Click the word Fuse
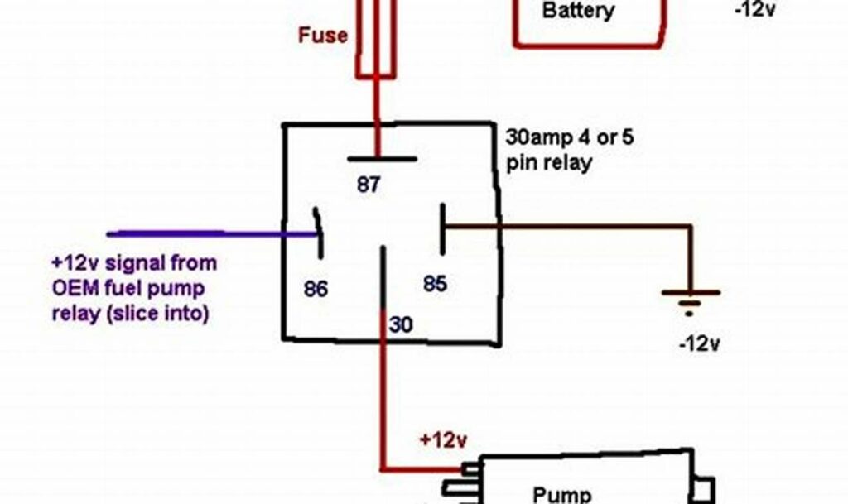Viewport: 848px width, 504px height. (323, 36)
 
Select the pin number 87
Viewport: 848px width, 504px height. (369, 185)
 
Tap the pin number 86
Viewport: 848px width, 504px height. (316, 289)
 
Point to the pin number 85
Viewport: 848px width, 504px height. (435, 284)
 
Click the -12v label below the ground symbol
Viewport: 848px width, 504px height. (697, 343)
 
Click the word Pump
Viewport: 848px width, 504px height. (562, 494)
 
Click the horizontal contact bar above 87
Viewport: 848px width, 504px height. (382, 158)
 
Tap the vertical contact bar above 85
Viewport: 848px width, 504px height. (443, 229)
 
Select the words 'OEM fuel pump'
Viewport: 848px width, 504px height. (128, 289)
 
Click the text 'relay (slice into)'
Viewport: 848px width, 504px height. (130, 314)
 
